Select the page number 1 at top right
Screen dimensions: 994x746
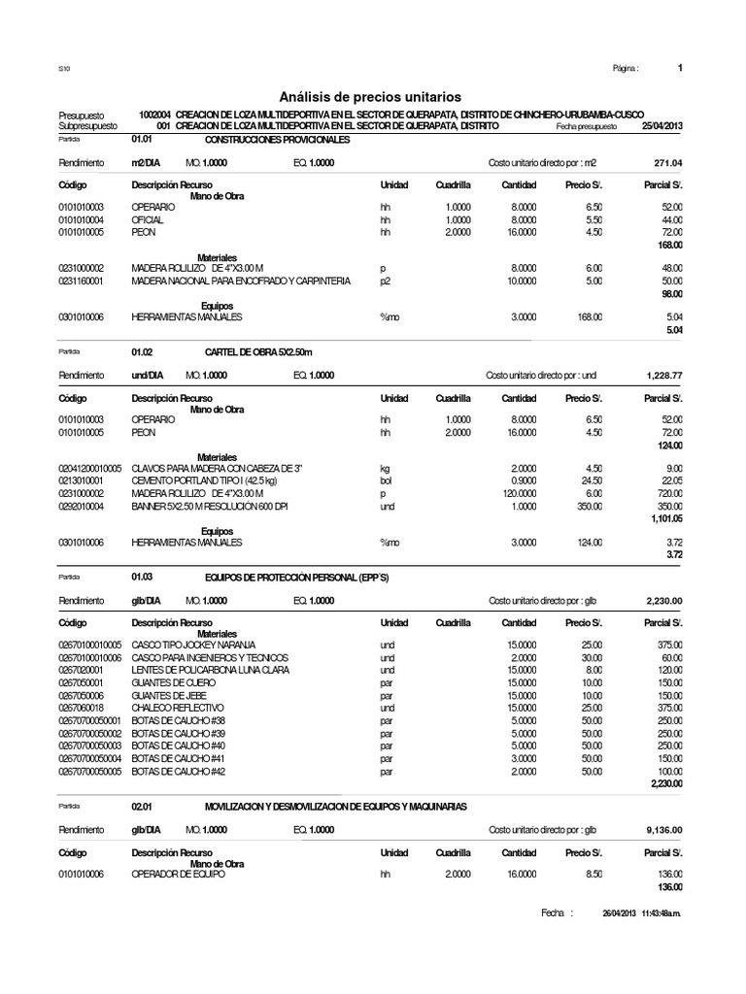[x=680, y=68]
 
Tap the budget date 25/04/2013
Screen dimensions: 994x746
[x=662, y=126]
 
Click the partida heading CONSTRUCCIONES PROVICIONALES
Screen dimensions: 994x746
[x=277, y=140]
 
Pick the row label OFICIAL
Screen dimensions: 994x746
[x=148, y=221]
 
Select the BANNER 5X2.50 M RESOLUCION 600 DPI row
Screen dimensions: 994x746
[x=210, y=507]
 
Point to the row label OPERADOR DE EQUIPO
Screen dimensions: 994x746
[x=178, y=875]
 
